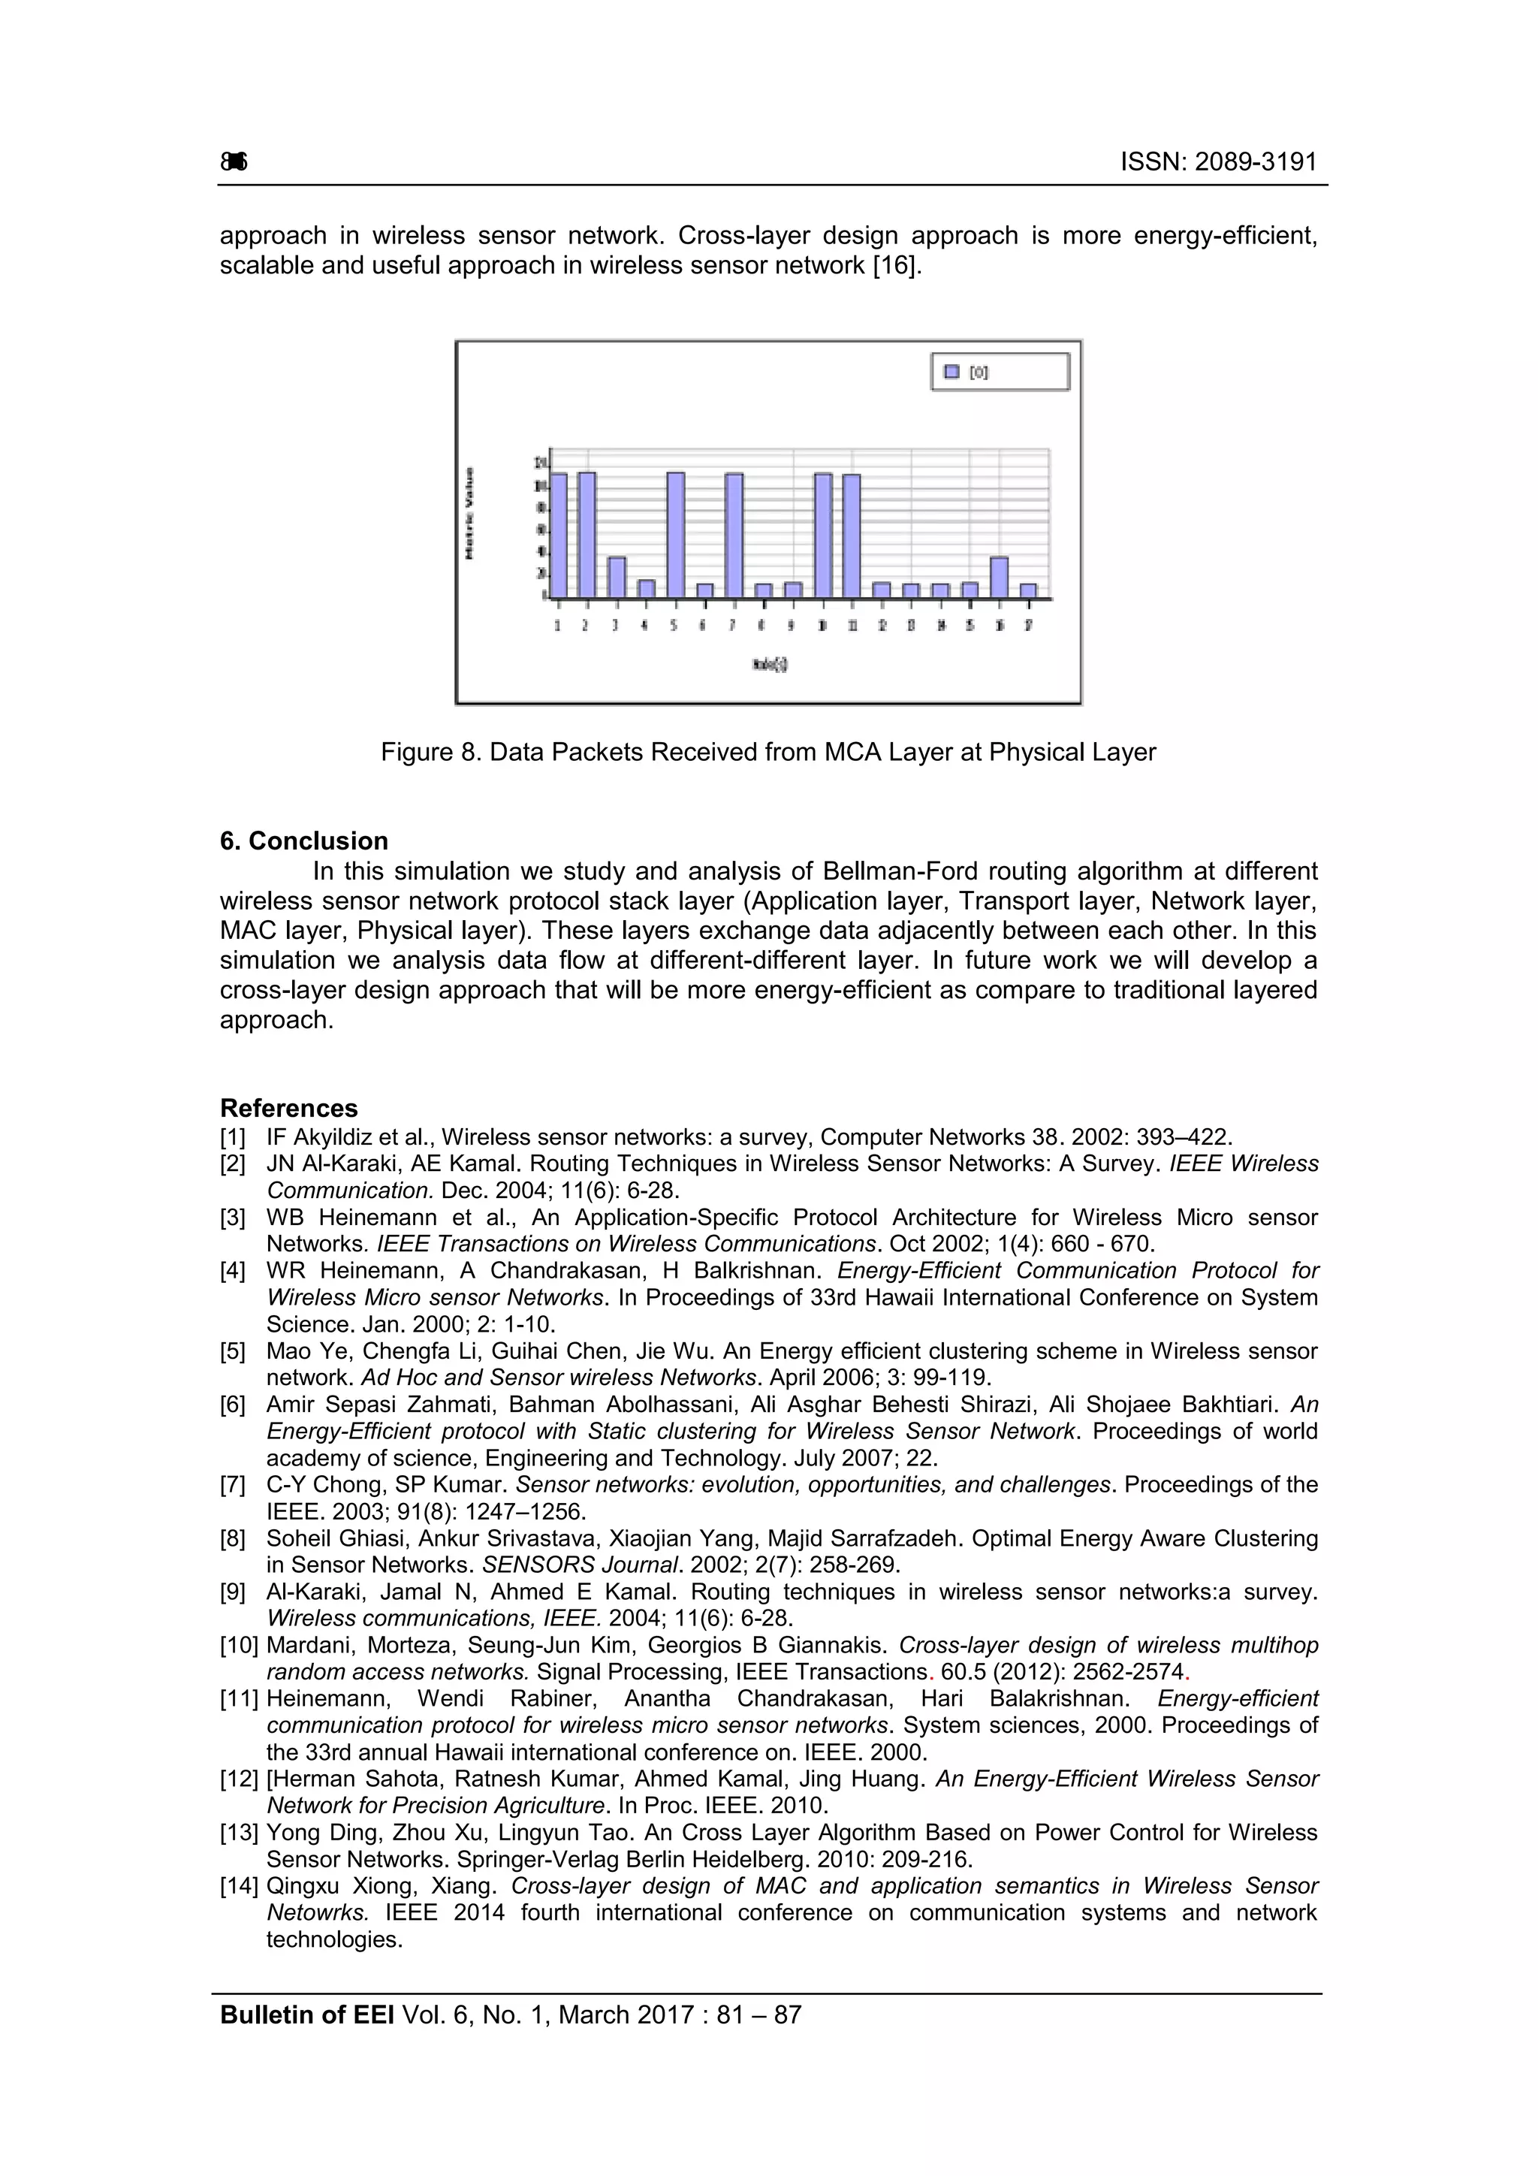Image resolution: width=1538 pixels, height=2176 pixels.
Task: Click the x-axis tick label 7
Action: click(732, 626)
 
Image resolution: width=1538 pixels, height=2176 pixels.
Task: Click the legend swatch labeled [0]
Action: click(951, 373)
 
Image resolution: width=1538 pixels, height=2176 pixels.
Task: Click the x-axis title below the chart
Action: click(771, 664)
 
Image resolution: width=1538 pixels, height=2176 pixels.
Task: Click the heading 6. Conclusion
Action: click(304, 841)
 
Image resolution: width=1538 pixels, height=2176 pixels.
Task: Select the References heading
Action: click(289, 1108)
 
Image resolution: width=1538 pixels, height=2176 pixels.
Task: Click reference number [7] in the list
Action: click(233, 1485)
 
